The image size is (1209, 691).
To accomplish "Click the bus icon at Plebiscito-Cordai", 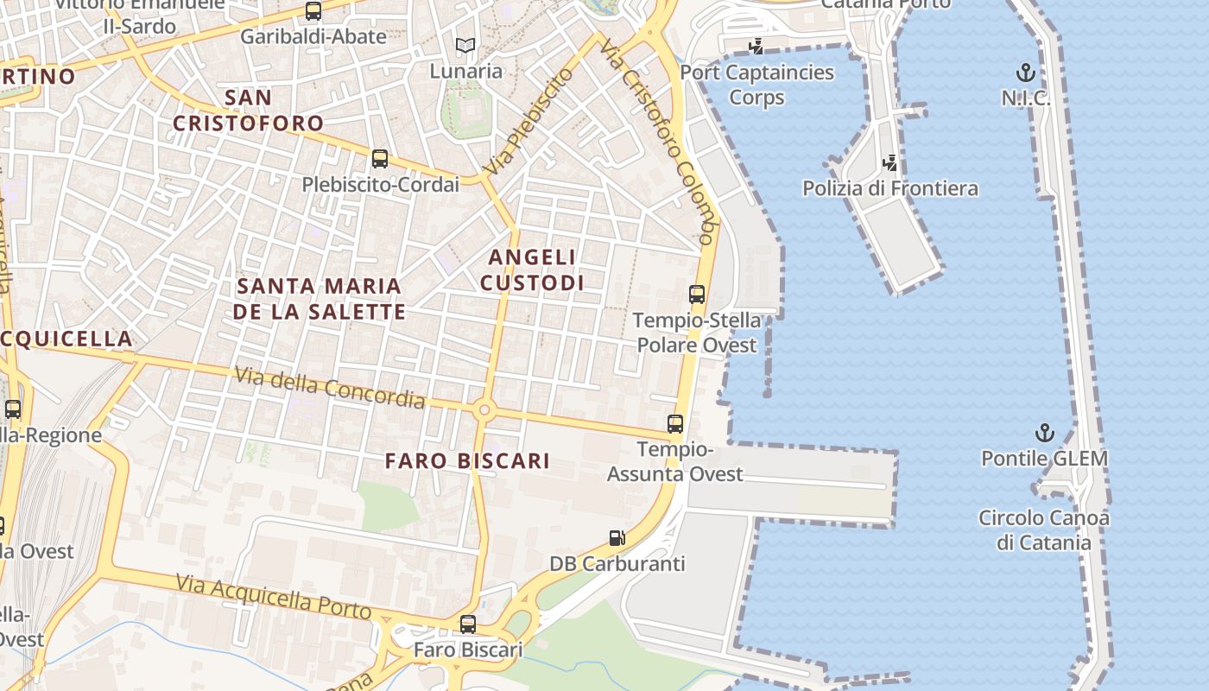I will coord(379,159).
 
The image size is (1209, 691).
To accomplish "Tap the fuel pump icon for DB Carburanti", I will coord(617,538).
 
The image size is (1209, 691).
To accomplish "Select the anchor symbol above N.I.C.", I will coord(1026,73).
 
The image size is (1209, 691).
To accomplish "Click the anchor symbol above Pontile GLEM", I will coord(1045,433).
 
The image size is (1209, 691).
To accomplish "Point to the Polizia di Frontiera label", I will coord(890,188).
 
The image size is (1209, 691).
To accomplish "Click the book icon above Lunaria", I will coord(465,46).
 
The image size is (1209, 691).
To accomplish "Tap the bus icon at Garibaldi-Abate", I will coord(313,12).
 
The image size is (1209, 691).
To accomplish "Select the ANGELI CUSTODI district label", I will coord(532,269).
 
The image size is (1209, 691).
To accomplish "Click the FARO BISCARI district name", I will coord(467,461).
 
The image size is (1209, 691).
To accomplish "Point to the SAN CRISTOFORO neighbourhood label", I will coord(248,110).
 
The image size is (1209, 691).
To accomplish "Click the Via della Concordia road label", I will coord(330,387).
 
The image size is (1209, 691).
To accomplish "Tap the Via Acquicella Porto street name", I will coord(273,597).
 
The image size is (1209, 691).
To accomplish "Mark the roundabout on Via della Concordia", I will coord(484,410).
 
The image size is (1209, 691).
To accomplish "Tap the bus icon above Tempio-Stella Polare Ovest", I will coord(697,295).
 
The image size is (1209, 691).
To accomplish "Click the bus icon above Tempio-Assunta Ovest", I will coord(675,424).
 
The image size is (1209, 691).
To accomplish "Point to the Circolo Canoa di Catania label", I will coord(1043,530).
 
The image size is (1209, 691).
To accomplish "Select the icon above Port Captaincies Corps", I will coord(756,47).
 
